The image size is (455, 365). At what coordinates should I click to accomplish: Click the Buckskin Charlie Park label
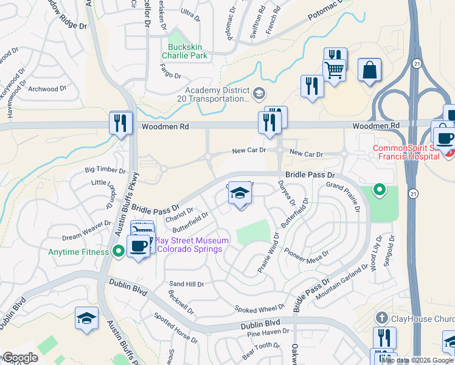(x=184, y=50)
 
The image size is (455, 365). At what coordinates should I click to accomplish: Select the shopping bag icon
(x=369, y=70)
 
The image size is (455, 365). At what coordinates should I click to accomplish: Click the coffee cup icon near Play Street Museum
(x=139, y=246)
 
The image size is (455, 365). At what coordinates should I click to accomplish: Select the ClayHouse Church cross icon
(x=381, y=318)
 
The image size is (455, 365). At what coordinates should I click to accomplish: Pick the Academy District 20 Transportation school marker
(x=260, y=93)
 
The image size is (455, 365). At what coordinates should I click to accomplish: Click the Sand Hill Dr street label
(x=186, y=284)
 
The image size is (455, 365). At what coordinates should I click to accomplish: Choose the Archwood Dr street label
(x=47, y=89)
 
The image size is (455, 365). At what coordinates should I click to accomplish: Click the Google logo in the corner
(x=19, y=357)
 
